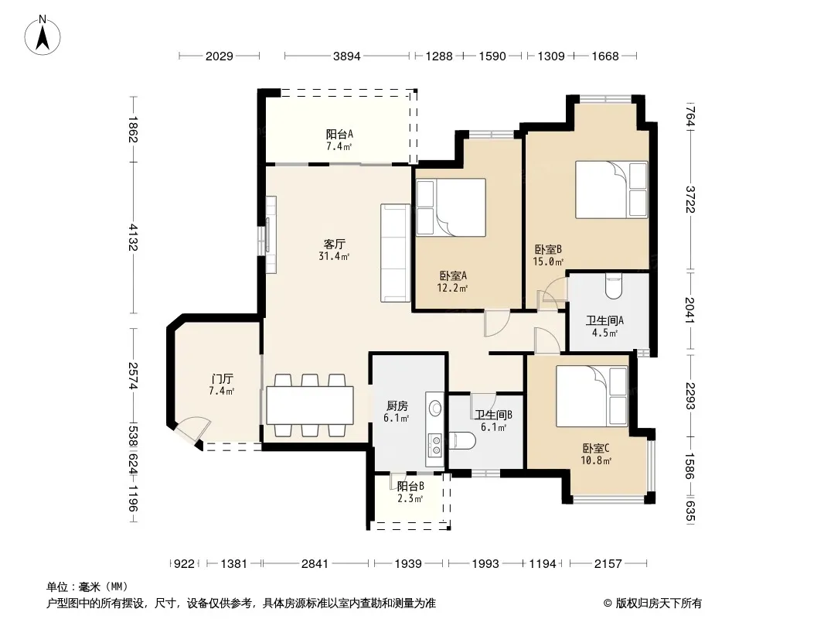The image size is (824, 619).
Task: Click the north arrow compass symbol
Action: point(43,36)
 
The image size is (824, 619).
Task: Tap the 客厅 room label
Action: point(334,244)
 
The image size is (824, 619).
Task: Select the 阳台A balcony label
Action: point(339,134)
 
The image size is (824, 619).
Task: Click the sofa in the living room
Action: point(395,253)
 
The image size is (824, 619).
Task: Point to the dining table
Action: point(309,405)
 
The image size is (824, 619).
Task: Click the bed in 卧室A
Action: point(451,207)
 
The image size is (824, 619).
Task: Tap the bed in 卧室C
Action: point(592,396)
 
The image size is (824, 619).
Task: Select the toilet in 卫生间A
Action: point(613,286)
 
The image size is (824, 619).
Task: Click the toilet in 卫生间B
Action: point(462,441)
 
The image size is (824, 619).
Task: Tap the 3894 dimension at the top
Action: point(347,56)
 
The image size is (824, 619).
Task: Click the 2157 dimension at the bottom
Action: point(608,564)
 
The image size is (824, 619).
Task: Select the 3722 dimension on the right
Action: point(690,200)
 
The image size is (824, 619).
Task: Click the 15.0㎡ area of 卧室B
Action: point(549,262)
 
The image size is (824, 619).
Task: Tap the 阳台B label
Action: point(410,487)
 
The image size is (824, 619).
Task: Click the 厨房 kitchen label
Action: point(397,406)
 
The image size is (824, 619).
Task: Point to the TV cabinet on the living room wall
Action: point(271,234)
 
